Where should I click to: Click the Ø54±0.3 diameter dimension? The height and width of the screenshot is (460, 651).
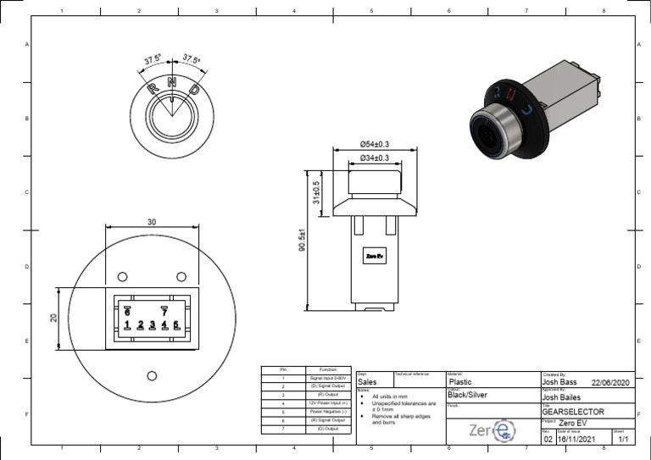point(374,144)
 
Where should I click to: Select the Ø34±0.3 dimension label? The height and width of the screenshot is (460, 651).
point(374,158)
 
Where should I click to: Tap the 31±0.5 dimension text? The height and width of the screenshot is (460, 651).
point(316,192)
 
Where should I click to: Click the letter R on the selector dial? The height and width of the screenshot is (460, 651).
point(153,88)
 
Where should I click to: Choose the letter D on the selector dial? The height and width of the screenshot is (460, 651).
point(193,89)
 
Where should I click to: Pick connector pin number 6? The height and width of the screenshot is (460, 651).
point(127,311)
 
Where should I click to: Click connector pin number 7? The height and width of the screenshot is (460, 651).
point(164,311)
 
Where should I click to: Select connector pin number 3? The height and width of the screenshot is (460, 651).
point(152,324)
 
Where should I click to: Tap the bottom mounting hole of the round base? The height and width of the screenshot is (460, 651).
point(152,375)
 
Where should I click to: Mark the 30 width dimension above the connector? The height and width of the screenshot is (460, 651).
point(152,221)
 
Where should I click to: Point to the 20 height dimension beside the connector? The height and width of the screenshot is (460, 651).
point(52,318)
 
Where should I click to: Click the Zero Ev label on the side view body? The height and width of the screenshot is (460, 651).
point(374,255)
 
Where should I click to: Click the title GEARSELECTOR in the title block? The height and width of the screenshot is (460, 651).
point(573,411)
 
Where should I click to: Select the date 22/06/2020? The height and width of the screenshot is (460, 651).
point(611,382)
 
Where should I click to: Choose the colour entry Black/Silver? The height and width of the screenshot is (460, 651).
point(467,396)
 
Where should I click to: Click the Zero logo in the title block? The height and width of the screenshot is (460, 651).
point(492,431)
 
